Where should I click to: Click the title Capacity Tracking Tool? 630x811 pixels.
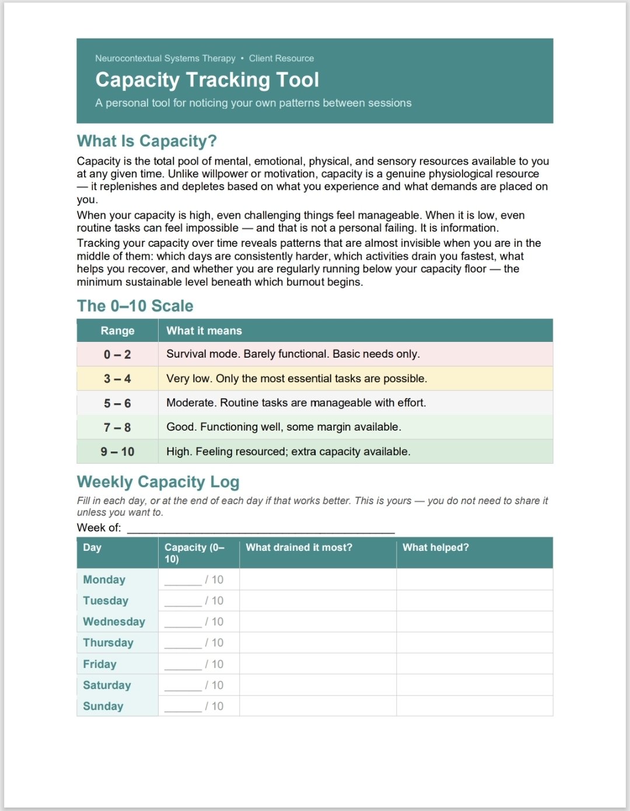coord(207,80)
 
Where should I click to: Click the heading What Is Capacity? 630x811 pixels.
coord(146,141)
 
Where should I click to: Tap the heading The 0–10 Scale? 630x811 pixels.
coord(135,306)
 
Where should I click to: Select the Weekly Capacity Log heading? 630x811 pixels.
coord(158,482)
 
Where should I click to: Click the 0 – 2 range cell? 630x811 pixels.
coord(117,355)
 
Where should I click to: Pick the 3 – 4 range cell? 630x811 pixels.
coord(117,379)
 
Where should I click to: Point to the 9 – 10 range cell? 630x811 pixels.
coord(117,452)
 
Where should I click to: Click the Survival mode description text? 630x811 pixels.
coord(293,354)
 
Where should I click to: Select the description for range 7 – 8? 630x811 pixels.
coord(283,427)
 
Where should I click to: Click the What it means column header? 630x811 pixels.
coord(204,331)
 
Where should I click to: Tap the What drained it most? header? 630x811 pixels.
coord(299,547)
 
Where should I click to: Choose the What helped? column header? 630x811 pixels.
coord(435,547)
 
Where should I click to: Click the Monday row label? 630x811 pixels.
coord(104,580)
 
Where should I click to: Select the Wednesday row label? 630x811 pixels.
coord(114,622)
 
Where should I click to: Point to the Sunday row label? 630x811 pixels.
coord(103,707)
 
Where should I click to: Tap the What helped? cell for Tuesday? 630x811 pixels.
coord(474,601)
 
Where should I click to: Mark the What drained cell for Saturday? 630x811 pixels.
coord(318,685)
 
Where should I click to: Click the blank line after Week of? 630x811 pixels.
coord(261,528)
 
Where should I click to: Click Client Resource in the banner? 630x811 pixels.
coord(281,58)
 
